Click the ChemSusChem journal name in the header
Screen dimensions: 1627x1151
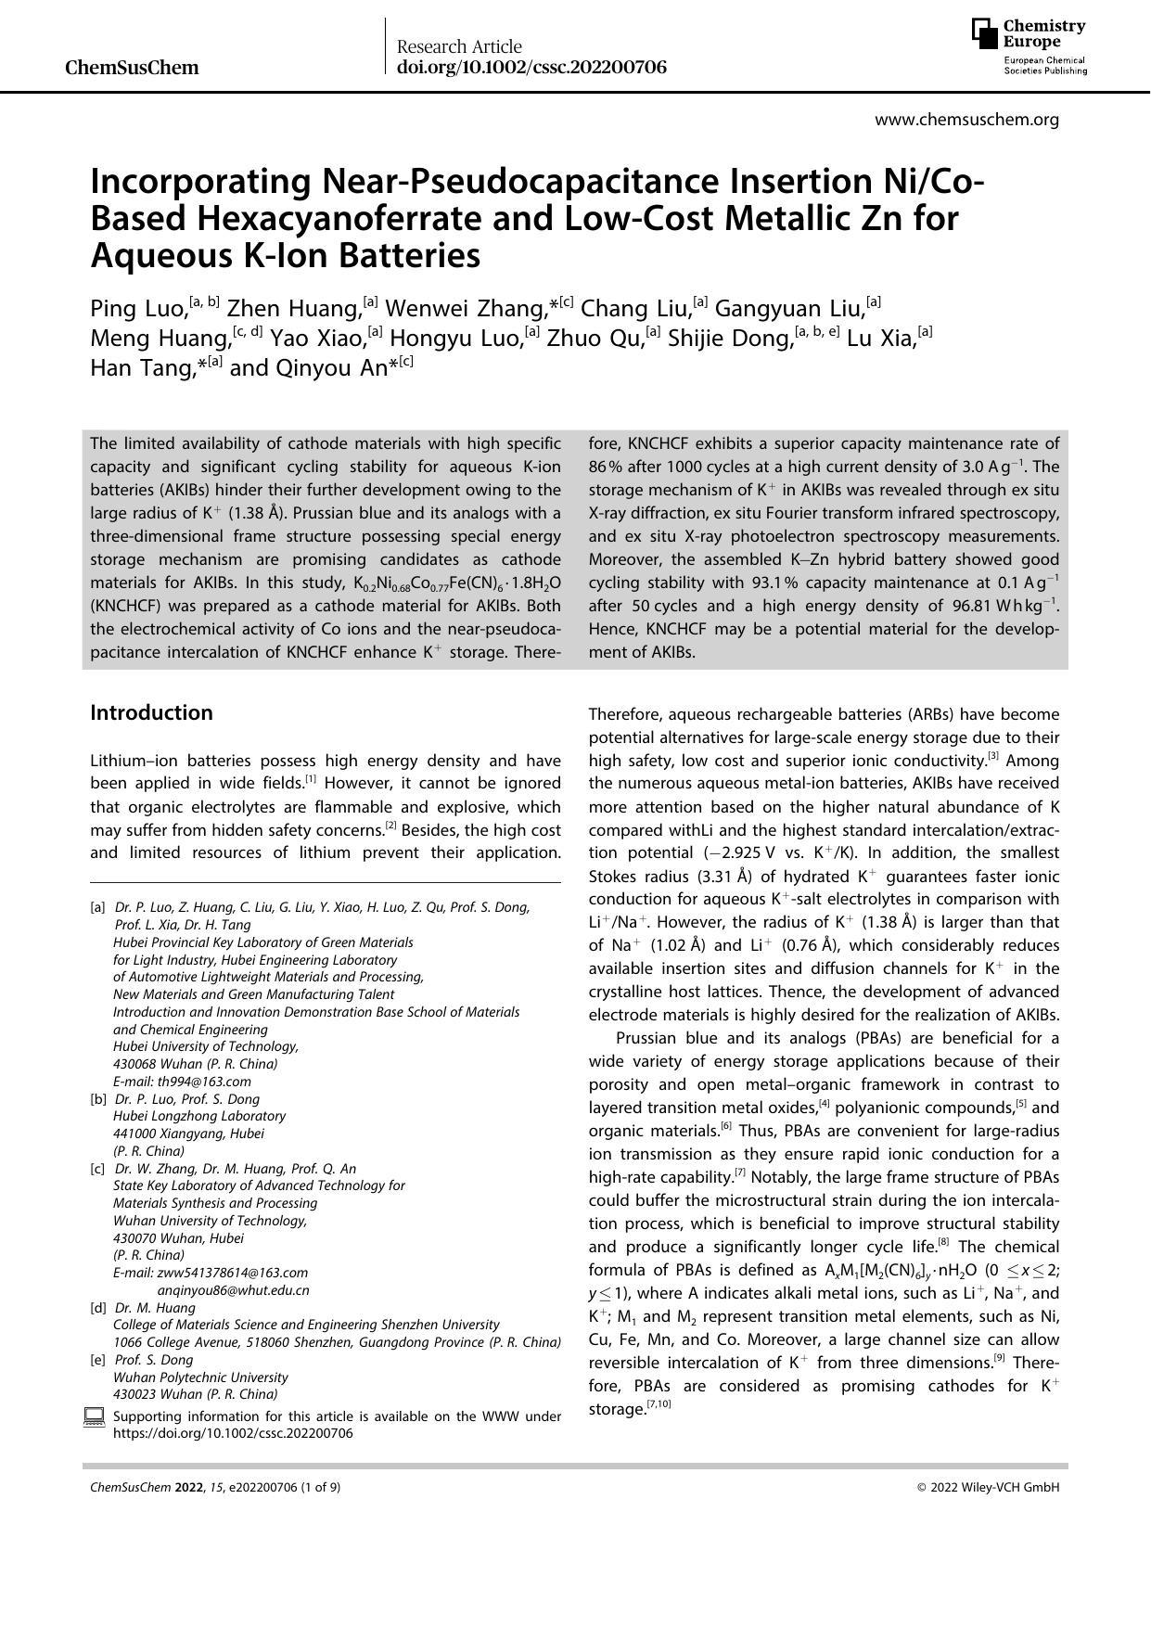coord(133,68)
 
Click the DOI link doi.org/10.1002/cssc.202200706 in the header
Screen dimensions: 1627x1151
coord(531,68)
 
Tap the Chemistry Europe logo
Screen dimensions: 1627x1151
coord(1029,46)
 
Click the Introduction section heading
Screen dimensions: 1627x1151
coord(151,712)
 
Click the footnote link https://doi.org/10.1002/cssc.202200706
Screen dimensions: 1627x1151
coord(233,1433)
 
